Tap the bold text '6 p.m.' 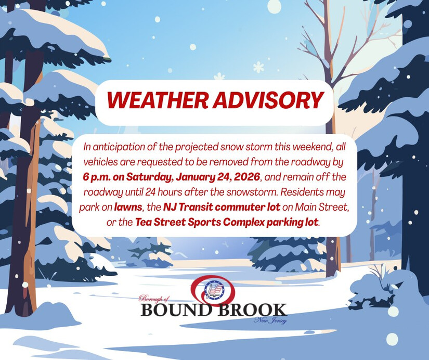point(97,177)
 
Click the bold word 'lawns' point(128,207)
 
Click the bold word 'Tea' point(144,222)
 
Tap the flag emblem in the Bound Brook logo point(214,290)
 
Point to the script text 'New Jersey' point(270,320)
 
